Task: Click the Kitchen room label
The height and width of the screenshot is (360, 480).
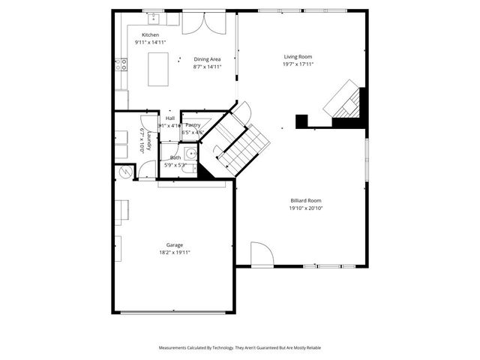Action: point(151,35)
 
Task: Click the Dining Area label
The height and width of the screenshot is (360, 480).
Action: point(207,59)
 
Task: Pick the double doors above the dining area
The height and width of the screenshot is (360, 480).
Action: point(202,22)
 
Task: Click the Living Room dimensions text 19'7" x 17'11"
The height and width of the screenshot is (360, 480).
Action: point(298,64)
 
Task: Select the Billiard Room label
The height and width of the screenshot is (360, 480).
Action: point(306,200)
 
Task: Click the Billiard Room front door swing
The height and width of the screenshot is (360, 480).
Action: point(259,254)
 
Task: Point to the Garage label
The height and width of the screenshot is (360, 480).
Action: point(175,245)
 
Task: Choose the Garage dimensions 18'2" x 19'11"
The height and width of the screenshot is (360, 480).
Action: point(175,253)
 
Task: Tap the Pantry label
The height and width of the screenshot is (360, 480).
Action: point(193,124)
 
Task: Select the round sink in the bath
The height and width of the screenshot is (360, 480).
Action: point(191,154)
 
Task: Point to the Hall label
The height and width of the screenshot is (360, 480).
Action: point(169,118)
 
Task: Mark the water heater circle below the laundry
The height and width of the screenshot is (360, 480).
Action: point(124,173)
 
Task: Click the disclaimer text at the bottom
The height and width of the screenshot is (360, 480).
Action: point(239,348)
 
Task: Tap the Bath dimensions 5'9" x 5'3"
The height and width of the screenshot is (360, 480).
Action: point(175,165)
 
